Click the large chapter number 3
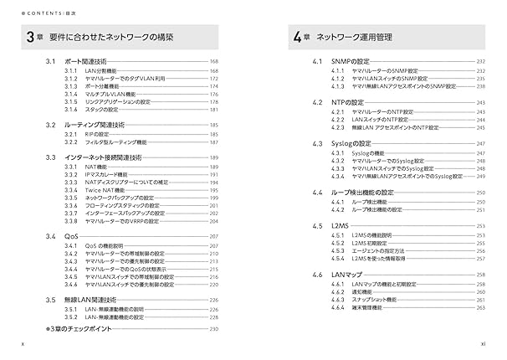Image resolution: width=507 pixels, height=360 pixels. tap(29, 38)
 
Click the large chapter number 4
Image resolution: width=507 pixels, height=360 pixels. tap(299, 38)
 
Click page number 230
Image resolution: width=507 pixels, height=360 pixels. tap(214, 330)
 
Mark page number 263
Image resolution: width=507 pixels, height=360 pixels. tap(481, 307)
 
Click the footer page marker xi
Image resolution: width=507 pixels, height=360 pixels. tap(482, 343)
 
